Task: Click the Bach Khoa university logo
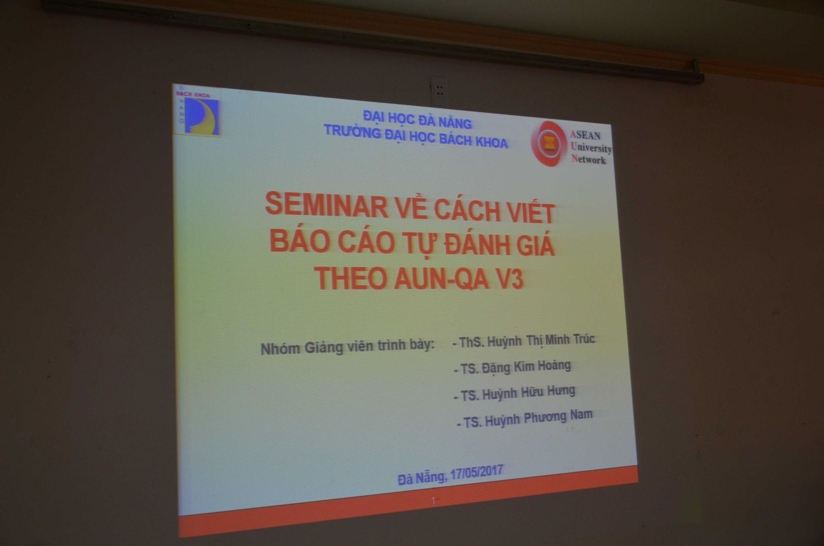[x=198, y=111]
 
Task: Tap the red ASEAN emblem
[x=549, y=144]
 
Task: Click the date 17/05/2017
[x=476, y=472]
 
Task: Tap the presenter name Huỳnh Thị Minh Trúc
[x=541, y=340]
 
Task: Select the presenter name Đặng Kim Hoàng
[x=526, y=367]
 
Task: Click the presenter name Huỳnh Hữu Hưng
[x=528, y=393]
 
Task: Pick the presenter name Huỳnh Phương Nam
[x=539, y=419]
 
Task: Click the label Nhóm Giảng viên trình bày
[x=347, y=347]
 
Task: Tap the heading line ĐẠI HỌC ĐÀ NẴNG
[x=417, y=120]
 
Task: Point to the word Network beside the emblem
[x=588, y=159]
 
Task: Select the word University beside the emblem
[x=591, y=147]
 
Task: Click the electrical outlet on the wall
[x=439, y=91]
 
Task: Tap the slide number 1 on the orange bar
[x=433, y=500]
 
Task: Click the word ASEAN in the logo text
[x=585, y=135]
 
